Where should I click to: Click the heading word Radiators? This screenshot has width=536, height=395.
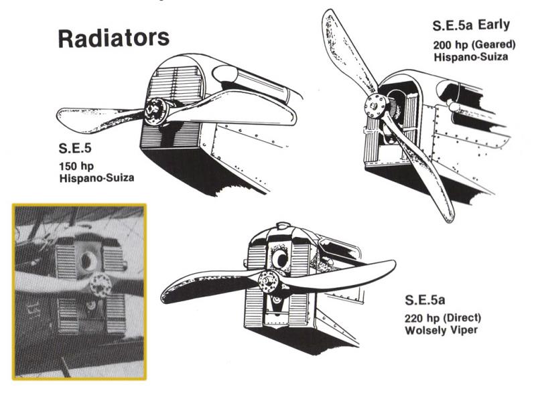point(113,37)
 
